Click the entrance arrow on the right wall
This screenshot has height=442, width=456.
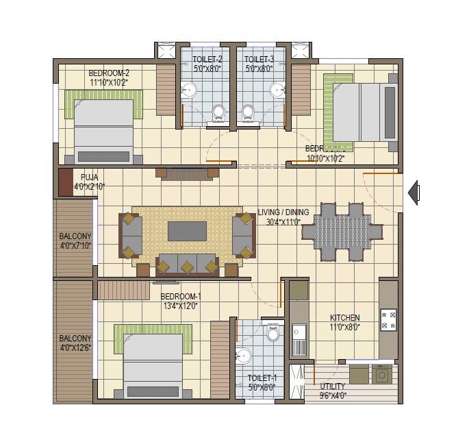pyautogui.click(x=413, y=193)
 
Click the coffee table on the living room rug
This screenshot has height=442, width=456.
pyautogui.click(x=187, y=230)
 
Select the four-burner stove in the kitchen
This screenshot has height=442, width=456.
pyautogui.click(x=388, y=319)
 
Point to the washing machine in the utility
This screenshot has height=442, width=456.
pyautogui.click(x=381, y=374)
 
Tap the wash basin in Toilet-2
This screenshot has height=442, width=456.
pyautogui.click(x=190, y=90)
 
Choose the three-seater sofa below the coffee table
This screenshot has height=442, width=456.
pyautogui.click(x=187, y=265)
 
